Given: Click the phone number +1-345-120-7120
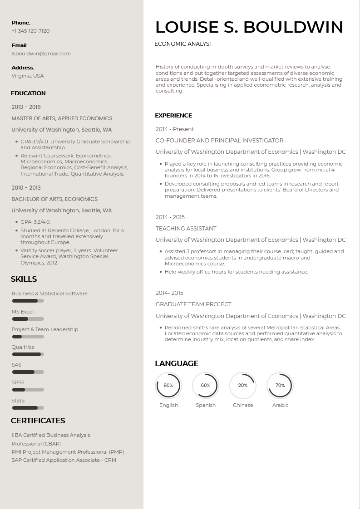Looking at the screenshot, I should point(30,31).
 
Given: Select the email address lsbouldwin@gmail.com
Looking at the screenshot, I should point(41,54).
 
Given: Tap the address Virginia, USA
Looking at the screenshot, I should point(28,76).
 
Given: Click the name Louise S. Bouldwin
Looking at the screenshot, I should point(249,27).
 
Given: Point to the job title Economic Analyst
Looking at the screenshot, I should point(183,44).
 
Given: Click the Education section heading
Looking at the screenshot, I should point(28,93).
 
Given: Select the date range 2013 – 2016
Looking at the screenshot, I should point(26,107).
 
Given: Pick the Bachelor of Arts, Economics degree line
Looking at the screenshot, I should point(54,199).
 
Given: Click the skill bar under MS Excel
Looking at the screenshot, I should point(28,319).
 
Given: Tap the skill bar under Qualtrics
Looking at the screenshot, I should point(28,354).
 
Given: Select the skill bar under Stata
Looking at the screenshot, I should point(28,408).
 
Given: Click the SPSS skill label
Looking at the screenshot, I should point(18,382).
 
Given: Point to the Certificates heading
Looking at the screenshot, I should point(38,421).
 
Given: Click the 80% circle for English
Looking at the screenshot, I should point(168,386).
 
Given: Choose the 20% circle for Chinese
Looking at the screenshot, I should point(243,386).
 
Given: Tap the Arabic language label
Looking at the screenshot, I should point(280,405).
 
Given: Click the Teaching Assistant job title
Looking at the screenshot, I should point(186,229).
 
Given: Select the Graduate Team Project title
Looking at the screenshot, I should point(193,304).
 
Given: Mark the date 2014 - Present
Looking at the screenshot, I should point(175,129).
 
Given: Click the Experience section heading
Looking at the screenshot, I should point(173,115).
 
